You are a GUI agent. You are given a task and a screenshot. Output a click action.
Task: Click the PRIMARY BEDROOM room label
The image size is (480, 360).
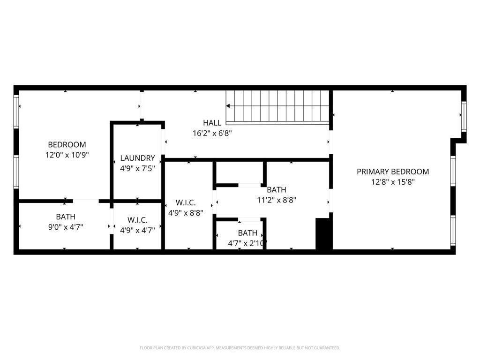tap(393, 172)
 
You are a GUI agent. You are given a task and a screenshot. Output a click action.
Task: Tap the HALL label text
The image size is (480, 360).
tap(212, 123)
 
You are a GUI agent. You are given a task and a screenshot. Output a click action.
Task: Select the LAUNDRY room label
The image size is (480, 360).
tap(137, 158)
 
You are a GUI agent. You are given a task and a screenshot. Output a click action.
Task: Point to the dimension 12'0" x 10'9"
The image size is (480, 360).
tap(67, 154)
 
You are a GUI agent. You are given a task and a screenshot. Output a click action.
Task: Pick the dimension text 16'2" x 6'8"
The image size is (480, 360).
tap(212, 133)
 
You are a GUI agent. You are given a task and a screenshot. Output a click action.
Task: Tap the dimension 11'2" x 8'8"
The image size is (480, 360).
tap(277, 199)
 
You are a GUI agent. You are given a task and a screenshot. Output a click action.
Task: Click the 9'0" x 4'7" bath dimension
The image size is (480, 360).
tap(66, 227)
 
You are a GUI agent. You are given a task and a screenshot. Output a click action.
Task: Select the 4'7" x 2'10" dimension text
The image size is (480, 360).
tap(247, 243)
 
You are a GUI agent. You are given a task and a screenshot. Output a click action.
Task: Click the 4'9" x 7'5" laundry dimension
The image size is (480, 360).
tap(137, 168)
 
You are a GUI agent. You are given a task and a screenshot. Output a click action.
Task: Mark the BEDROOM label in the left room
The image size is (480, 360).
tap(67, 144)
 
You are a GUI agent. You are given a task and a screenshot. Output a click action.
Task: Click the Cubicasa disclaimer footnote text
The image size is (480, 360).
tap(240, 348)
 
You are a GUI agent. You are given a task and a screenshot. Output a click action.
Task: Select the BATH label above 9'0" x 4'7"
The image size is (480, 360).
tap(66, 217)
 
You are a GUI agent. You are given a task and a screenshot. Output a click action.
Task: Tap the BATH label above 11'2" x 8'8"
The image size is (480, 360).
tap(277, 190)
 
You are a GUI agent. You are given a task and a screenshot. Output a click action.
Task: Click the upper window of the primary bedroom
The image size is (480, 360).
tap(463, 116)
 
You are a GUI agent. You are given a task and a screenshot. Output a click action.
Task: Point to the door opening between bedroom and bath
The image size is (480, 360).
tap(86, 201)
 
